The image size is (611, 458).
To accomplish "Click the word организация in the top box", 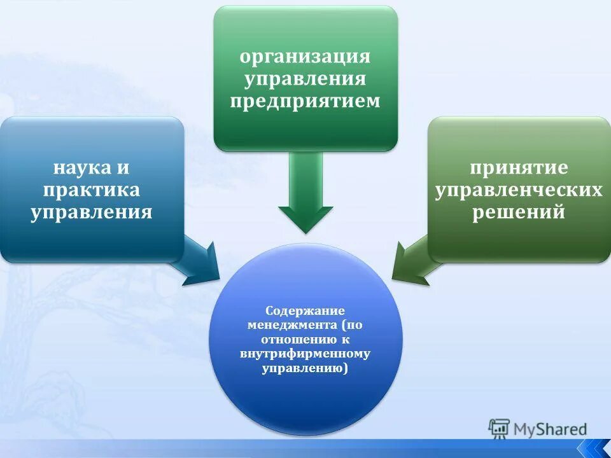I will point(305,57).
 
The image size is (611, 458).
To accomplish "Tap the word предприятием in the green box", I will point(305,101).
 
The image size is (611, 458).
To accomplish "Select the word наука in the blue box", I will point(75,168).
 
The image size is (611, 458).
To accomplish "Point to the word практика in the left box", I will point(92,190).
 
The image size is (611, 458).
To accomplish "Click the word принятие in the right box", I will point(519,169).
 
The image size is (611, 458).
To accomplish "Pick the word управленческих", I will point(519,190).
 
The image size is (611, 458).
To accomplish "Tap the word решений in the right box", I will point(519,212).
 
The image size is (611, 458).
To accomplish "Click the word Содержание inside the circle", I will point(305,311).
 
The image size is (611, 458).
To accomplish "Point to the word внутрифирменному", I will point(305,354).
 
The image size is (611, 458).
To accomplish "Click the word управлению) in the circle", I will point(305,368).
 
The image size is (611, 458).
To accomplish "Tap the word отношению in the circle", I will point(296,340).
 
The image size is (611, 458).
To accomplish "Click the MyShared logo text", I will point(550,429).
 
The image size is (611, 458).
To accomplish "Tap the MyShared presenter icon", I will point(499,429).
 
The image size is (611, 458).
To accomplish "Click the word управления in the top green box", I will point(305,79).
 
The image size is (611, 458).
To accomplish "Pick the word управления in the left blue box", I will point(92,211).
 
